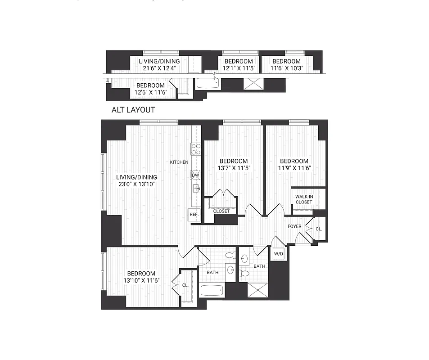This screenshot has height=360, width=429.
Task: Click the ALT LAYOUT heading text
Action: (133, 110)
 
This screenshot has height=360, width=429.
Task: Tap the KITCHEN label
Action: (179, 162)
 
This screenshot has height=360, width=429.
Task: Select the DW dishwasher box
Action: (195, 175)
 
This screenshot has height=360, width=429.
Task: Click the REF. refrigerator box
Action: (194, 215)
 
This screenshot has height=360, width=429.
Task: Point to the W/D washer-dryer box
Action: (279, 254)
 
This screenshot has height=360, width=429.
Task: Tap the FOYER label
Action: (295, 226)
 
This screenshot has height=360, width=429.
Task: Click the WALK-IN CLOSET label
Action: (304, 199)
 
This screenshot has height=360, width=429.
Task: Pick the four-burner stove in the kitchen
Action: (195, 149)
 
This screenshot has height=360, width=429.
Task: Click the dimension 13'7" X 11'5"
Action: (234, 168)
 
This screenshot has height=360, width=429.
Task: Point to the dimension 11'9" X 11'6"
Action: (294, 168)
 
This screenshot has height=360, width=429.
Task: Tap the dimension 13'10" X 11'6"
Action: (141, 281)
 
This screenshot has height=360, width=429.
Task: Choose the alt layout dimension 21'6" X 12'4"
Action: (159, 69)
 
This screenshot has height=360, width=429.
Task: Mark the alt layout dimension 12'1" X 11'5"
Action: (239, 69)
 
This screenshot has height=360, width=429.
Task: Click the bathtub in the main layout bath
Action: (212, 290)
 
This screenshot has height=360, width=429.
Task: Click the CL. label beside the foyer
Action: (319, 229)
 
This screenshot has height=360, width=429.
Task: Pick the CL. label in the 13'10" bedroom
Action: (185, 285)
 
